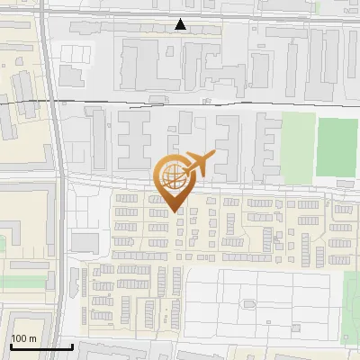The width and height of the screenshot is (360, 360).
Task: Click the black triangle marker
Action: pyautogui.click(x=181, y=24)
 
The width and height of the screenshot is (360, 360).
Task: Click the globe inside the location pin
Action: pyautogui.click(x=173, y=176)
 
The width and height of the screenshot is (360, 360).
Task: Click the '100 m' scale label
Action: pyautogui.click(x=23, y=338)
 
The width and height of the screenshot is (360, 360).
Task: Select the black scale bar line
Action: pyautogui.click(x=41, y=346)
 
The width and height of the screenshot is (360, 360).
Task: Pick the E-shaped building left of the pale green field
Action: pyautogui.click(x=268, y=144)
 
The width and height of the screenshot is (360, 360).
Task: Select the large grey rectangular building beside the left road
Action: pyautogui.click(x=85, y=241)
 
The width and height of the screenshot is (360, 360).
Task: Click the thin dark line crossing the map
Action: pyautogui.click(x=180, y=98)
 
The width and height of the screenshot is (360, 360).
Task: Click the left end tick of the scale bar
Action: pyautogui.click(x=10, y=345)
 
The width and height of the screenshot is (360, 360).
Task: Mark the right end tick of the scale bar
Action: pyautogui.click(x=73, y=345)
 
